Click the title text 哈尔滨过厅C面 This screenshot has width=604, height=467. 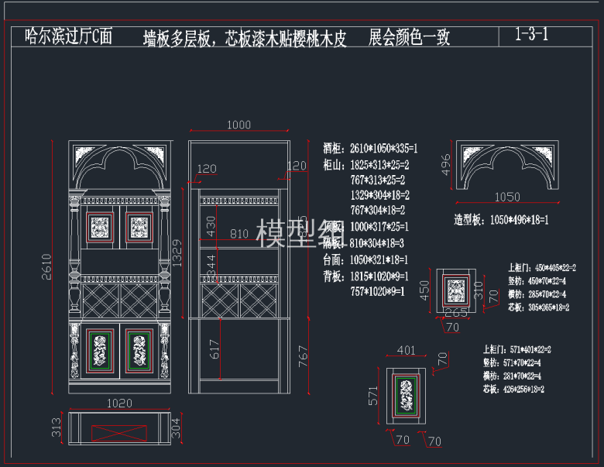pyautogui.click(x=69, y=36)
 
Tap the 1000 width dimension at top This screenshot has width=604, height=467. pyautogui.click(x=239, y=125)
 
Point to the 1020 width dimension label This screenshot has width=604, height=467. pyautogui.click(x=118, y=403)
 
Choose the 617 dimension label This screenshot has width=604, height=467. pyautogui.click(x=215, y=349)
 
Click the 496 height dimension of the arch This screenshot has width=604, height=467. pyautogui.click(x=445, y=165)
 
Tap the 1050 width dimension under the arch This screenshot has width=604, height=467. pyautogui.click(x=507, y=197)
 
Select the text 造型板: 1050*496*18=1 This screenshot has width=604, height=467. pyautogui.click(x=501, y=220)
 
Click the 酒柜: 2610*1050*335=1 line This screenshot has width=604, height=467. pyautogui.click(x=372, y=148)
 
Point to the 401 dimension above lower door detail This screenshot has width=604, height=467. pyautogui.click(x=405, y=351)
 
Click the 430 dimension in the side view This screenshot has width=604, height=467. pyautogui.click(x=211, y=226)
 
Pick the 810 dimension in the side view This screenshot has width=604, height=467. pyautogui.click(x=239, y=233)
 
